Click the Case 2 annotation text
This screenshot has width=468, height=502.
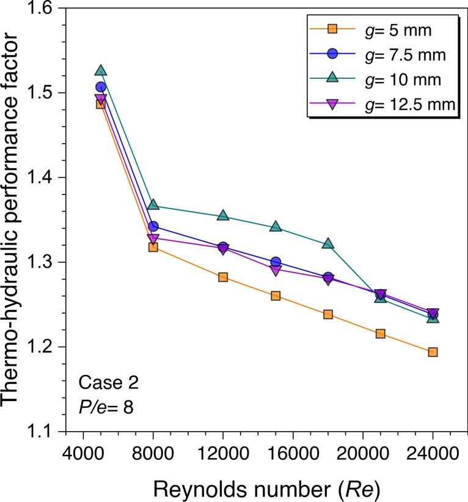coord(109,384)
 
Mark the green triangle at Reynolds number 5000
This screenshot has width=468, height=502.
coord(101,71)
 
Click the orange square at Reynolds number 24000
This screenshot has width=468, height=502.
coord(433,352)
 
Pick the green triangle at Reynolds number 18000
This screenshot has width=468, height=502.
coord(328,243)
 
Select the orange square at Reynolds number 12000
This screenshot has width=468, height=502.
coord(223,277)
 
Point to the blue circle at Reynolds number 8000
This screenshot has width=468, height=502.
coord(153,227)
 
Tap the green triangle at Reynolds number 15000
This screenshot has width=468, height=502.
coord(276,227)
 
